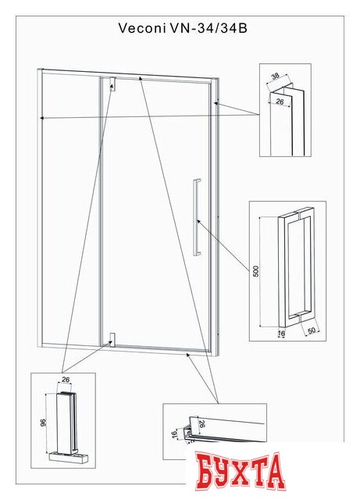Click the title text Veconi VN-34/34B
click(x=183, y=28)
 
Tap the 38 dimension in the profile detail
click(x=275, y=76)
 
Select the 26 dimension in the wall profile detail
click(x=280, y=102)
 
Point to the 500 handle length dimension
click(x=256, y=271)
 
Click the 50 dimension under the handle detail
click(x=311, y=330)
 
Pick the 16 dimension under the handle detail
click(x=281, y=334)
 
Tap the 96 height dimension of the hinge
click(x=44, y=423)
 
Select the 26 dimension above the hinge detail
click(x=66, y=380)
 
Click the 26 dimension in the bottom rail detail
click(x=201, y=423)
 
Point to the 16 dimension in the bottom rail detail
click(x=174, y=434)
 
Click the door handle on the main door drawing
click(x=197, y=217)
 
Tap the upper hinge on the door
click(x=112, y=84)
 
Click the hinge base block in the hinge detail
click(x=68, y=459)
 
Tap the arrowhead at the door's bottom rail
click(x=188, y=355)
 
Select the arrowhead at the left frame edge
click(x=41, y=118)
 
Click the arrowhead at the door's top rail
click(x=140, y=78)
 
